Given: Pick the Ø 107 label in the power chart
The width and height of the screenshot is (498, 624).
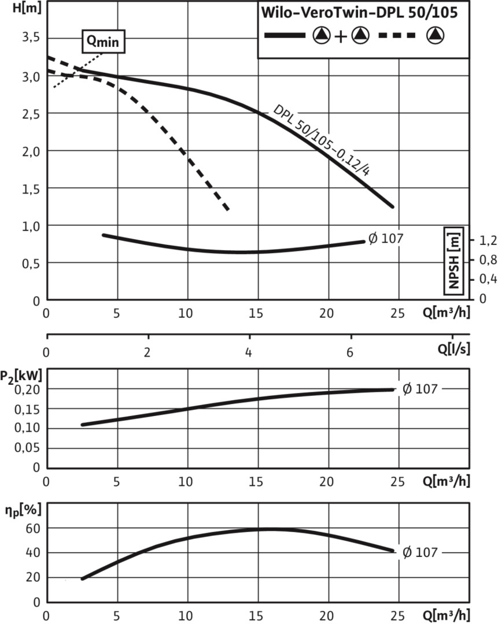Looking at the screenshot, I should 420,389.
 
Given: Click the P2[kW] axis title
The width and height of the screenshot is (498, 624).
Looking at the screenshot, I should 22,375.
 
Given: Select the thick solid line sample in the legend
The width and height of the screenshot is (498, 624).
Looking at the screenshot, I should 285,36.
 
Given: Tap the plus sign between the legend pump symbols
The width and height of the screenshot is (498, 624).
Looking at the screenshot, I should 341,36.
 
